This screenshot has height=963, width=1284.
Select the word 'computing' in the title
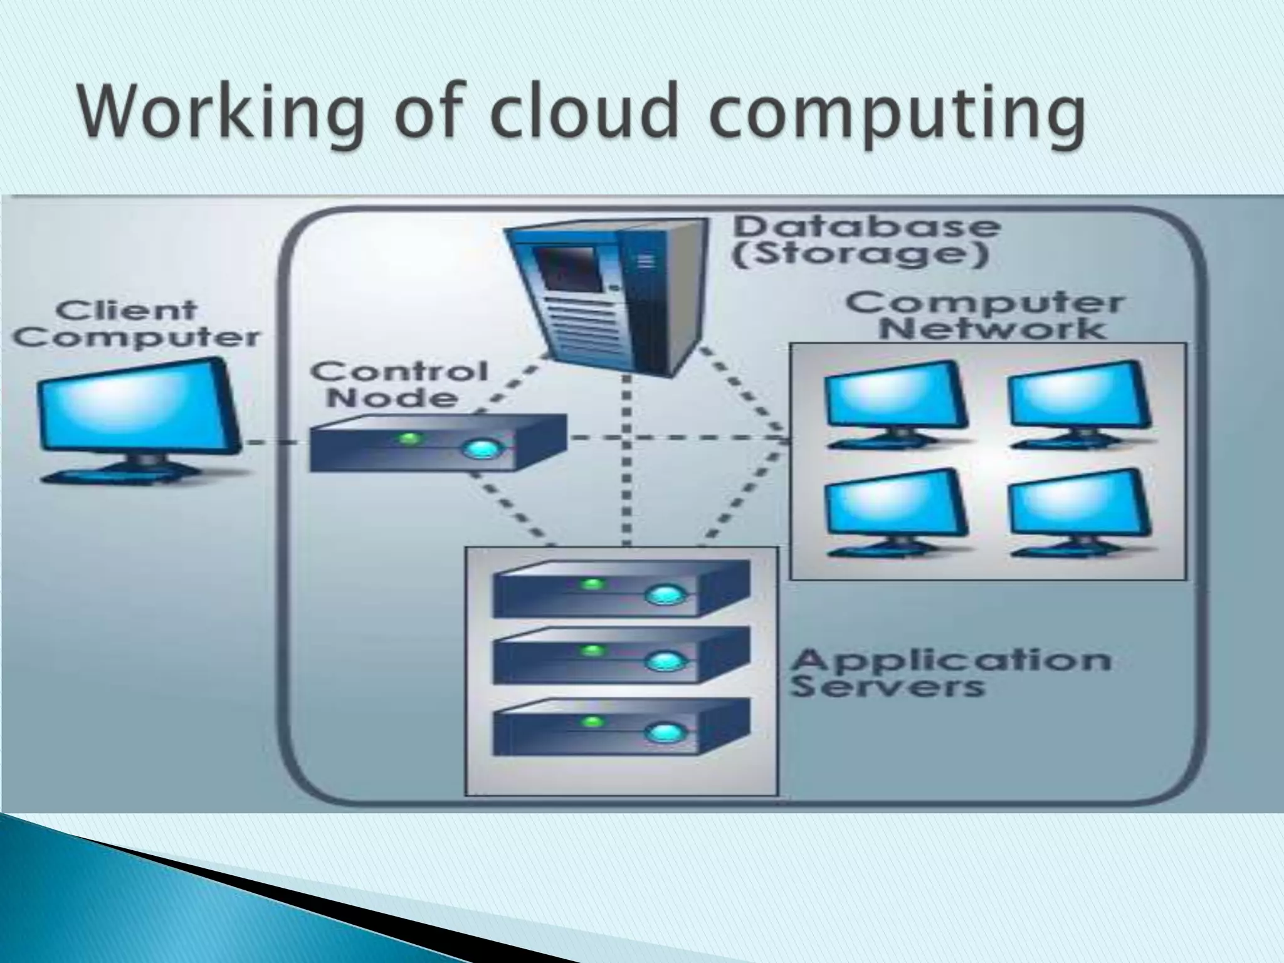[x=897, y=116]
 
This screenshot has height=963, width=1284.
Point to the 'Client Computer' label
[x=135, y=324]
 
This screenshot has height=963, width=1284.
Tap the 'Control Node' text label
[x=399, y=384]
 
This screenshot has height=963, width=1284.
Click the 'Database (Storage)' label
[x=865, y=241]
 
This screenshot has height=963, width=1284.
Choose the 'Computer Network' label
[x=984, y=316]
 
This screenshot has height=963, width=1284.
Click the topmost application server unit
[x=621, y=589]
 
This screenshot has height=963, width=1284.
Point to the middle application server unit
[x=621, y=656]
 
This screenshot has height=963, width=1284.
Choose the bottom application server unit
[x=621, y=727]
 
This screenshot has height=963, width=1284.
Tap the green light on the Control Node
[x=409, y=438]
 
